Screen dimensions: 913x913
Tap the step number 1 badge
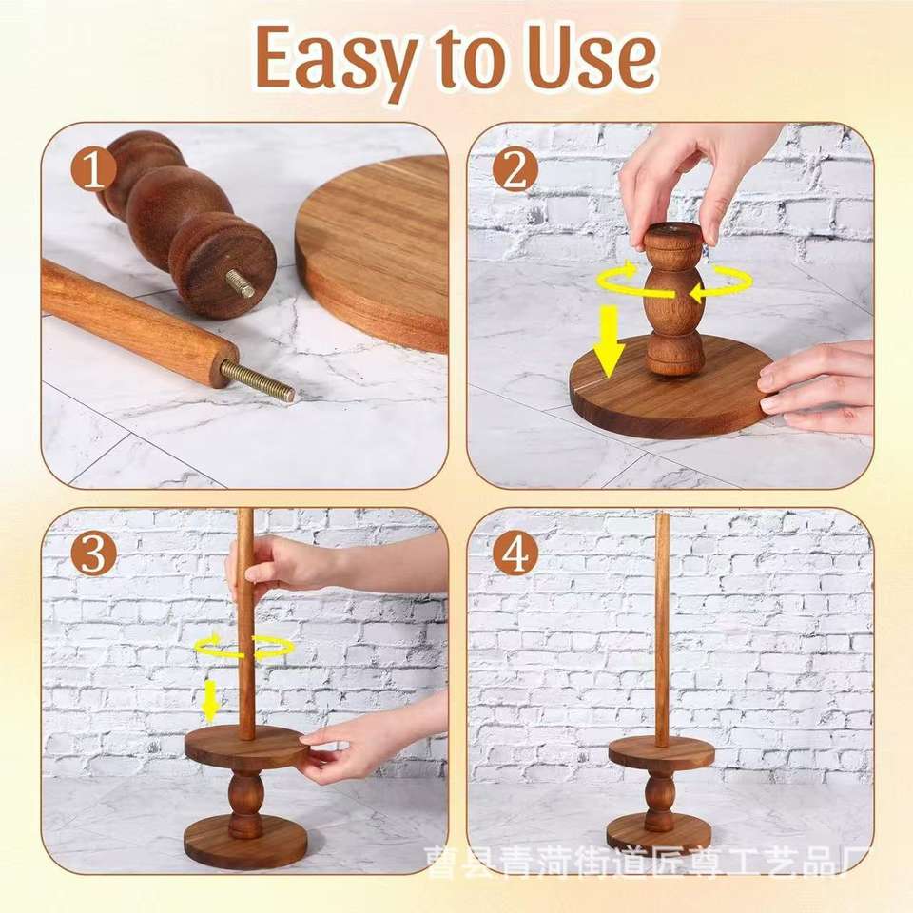pyautogui.click(x=94, y=169)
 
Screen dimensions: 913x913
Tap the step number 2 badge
pyautogui.click(x=515, y=169)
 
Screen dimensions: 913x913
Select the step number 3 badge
pyautogui.click(x=94, y=554)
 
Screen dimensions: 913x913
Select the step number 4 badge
pyautogui.click(x=515, y=554)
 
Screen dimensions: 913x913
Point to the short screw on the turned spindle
pyautogui.click(x=241, y=283)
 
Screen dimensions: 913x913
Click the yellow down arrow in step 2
pyautogui.click(x=609, y=342)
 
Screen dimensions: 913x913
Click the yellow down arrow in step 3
pyautogui.click(x=209, y=699)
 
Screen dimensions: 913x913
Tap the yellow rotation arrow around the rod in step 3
pyautogui.click(x=243, y=647)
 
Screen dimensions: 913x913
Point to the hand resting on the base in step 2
pyautogui.click(x=818, y=386)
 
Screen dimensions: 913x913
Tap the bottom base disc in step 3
pyautogui.click(x=245, y=842)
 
